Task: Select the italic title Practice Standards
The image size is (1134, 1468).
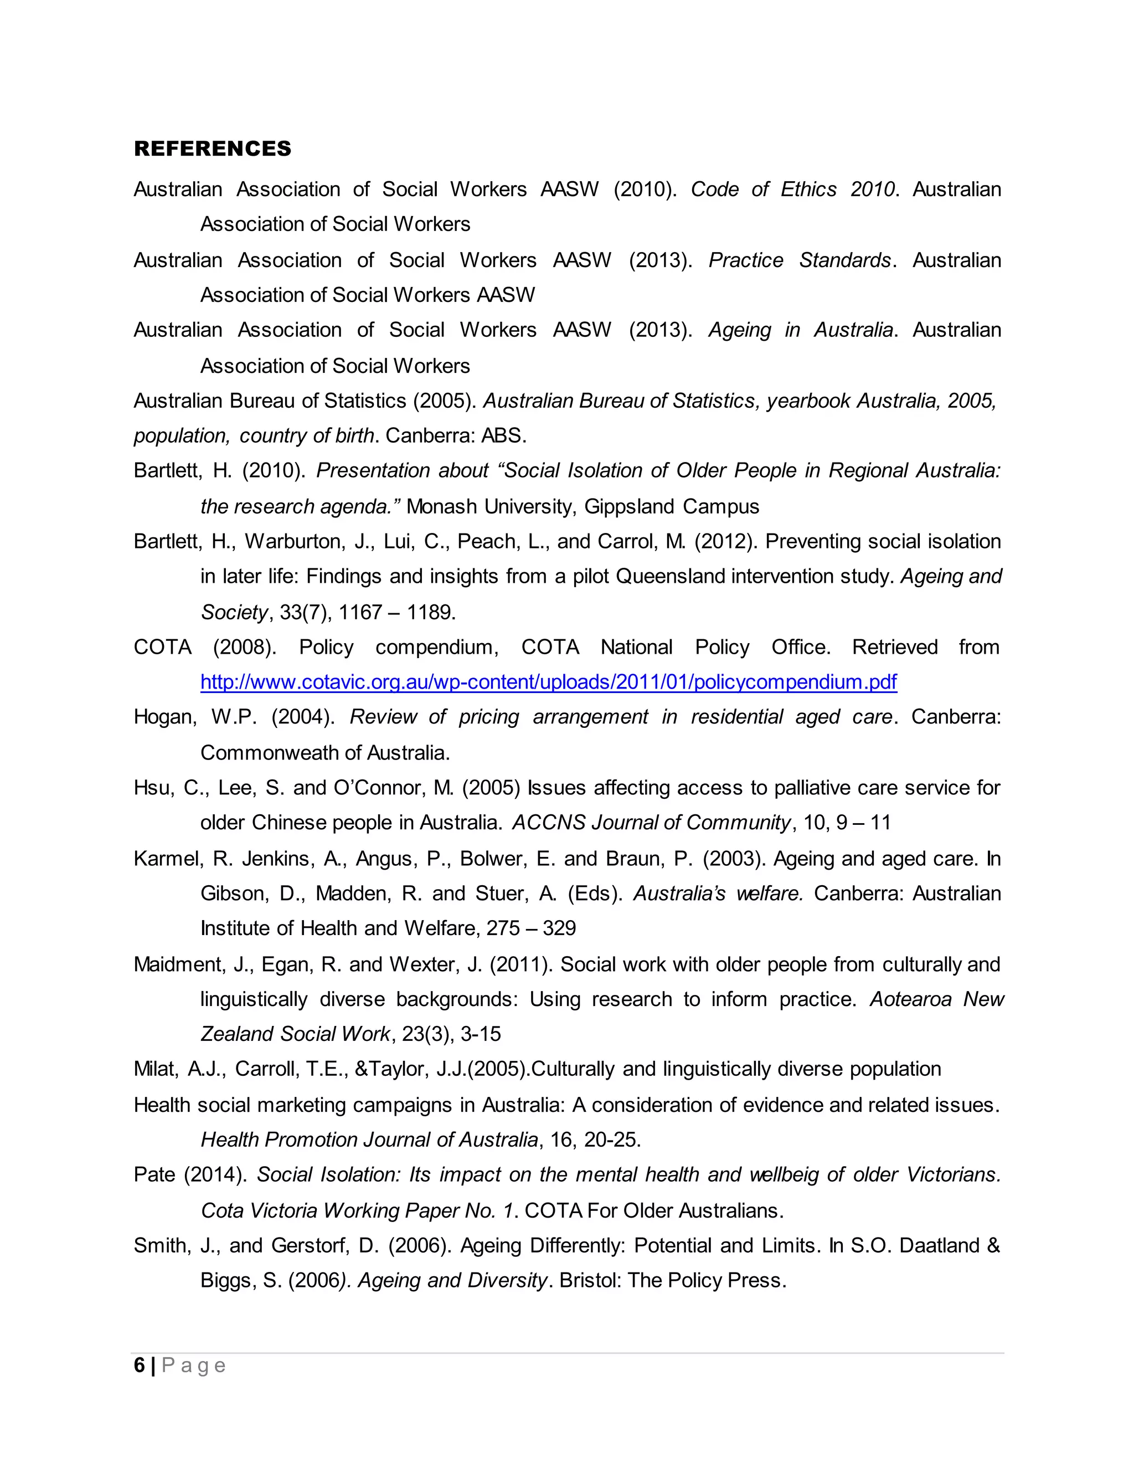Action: click(800, 260)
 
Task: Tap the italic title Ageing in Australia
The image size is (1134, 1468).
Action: click(800, 330)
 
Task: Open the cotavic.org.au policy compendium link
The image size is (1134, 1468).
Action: click(548, 682)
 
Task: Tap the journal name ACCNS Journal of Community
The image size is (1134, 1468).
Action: click(651, 823)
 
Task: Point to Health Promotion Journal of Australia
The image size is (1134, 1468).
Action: click(369, 1140)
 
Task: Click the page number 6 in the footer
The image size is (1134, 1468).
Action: click(139, 1365)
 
